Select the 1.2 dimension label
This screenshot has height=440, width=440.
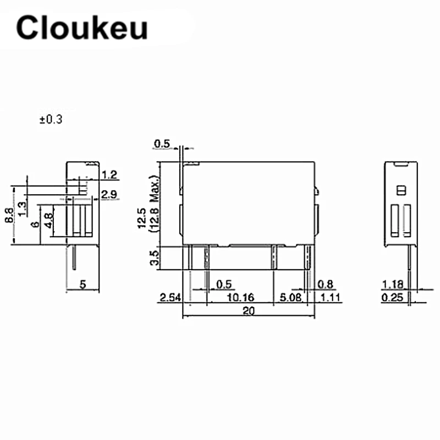[x=110, y=175]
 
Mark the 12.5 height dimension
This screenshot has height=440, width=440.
[x=143, y=218]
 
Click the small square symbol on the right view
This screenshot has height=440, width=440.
[x=401, y=190]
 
